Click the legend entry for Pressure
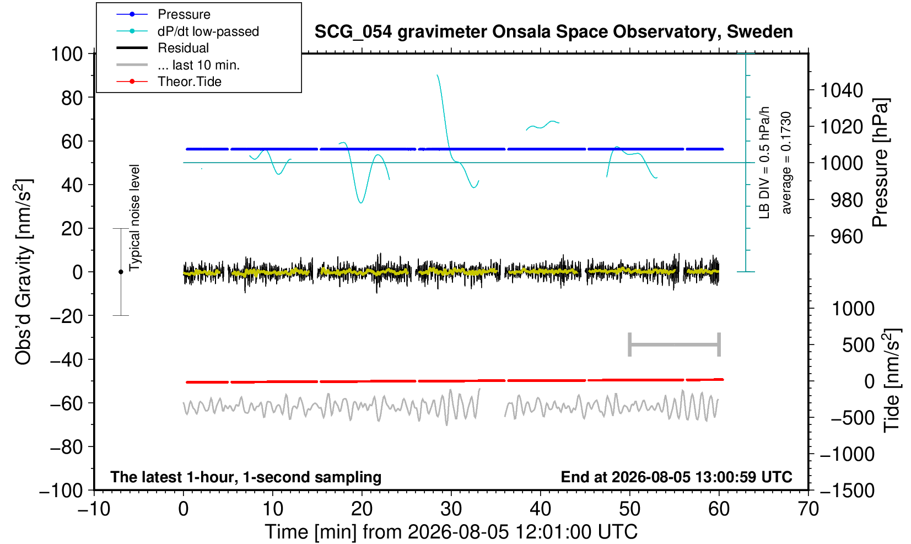184,14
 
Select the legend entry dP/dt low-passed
208,31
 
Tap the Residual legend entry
183,48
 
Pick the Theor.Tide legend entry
190,82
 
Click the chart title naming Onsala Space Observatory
553,31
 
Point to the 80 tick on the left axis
72,98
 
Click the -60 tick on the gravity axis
66,403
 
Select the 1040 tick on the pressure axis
842,90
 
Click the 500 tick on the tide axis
858,345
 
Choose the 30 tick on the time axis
451,509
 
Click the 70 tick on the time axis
808,509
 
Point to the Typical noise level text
134,218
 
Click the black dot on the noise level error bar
121,272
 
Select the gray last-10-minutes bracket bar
675,344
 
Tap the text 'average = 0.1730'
786,163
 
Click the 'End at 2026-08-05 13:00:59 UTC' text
676,477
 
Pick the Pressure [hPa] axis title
881,163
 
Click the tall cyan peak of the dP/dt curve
437,75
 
